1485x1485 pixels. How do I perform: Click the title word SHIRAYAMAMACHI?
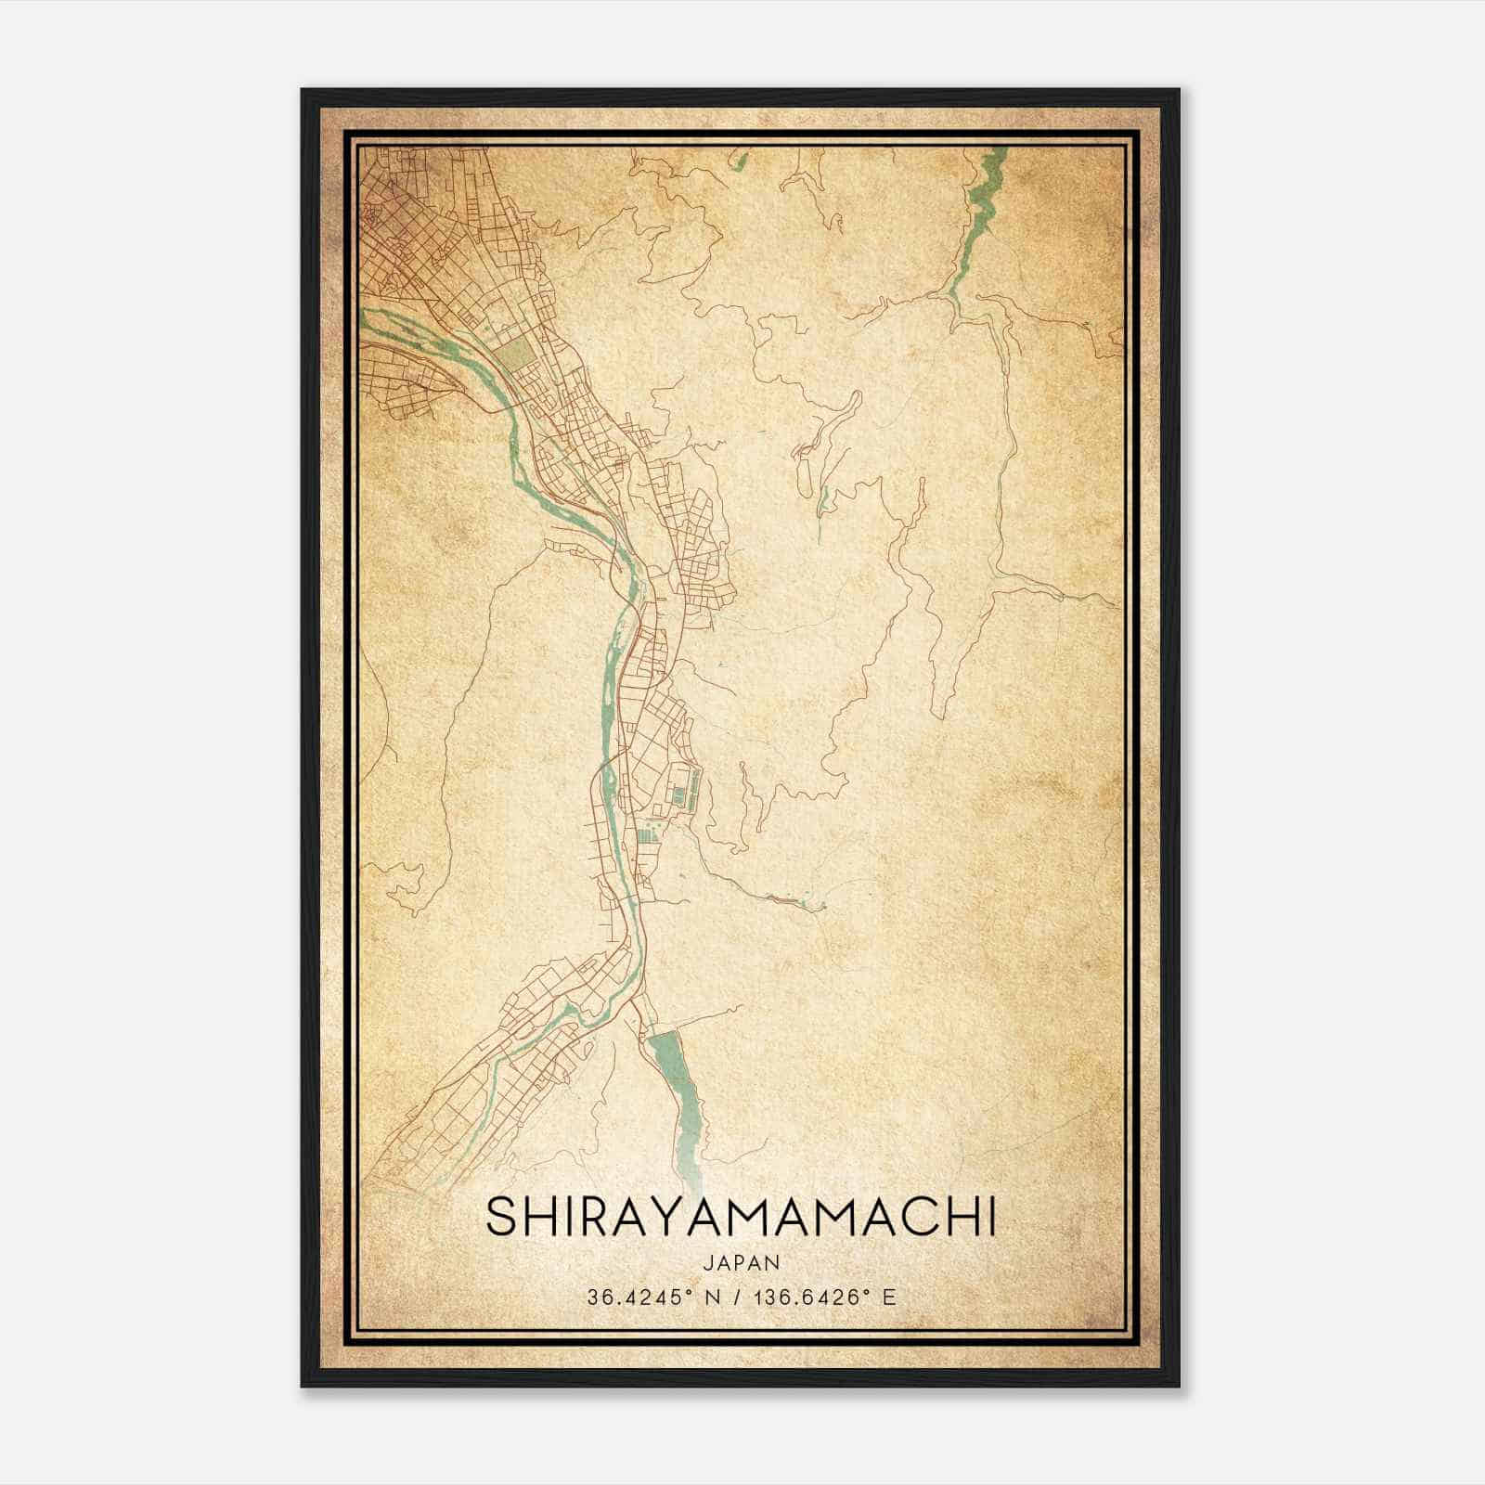741,1218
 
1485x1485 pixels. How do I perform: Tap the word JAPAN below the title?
741,1262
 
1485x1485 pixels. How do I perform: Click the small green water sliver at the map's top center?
740,160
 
